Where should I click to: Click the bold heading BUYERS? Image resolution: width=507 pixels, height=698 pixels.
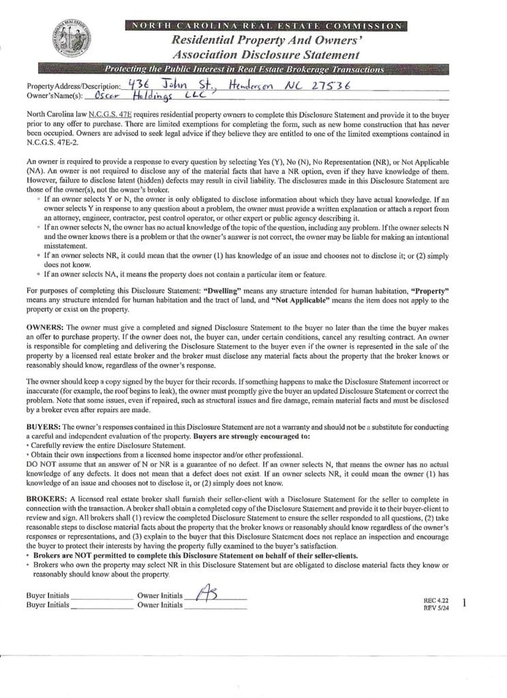[45, 425]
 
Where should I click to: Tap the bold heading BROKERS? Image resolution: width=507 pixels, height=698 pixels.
[48, 499]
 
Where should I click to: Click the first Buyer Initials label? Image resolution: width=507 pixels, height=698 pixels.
[48, 594]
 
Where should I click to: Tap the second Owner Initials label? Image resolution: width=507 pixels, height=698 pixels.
[159, 605]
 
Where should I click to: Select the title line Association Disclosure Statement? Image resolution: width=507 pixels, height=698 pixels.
[265, 55]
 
